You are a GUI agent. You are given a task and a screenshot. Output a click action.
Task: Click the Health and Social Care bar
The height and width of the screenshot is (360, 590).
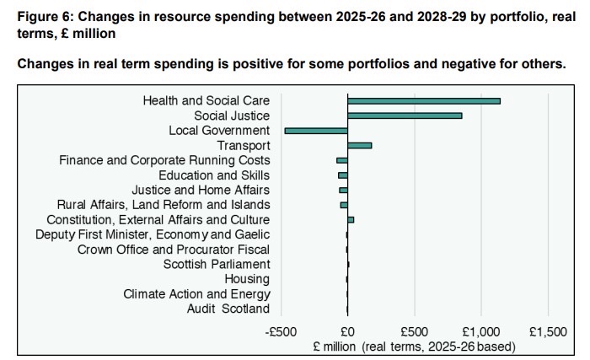pyautogui.click(x=423, y=101)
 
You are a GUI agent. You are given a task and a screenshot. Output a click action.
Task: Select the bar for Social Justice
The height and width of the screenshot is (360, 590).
pyautogui.click(x=405, y=116)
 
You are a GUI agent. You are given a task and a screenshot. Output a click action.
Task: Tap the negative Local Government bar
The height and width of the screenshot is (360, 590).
pyautogui.click(x=316, y=131)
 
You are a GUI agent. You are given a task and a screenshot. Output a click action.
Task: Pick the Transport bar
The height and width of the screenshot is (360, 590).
pyautogui.click(x=359, y=146)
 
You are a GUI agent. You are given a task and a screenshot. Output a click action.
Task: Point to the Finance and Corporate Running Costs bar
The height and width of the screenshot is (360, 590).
pyautogui.click(x=341, y=160)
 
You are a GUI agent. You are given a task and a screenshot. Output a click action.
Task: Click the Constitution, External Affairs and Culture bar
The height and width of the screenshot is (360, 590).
pyautogui.click(x=351, y=219)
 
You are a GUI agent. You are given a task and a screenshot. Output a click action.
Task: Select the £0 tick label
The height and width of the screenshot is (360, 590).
pyautogui.click(x=347, y=331)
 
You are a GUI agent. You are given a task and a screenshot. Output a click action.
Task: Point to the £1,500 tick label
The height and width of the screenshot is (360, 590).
pyautogui.click(x=548, y=331)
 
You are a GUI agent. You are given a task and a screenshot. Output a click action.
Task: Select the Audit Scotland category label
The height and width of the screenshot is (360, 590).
pyautogui.click(x=228, y=309)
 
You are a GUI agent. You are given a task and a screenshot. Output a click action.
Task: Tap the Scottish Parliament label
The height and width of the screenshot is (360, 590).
pyautogui.click(x=217, y=264)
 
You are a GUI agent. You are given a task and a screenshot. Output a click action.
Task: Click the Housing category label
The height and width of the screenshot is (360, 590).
pyautogui.click(x=247, y=279)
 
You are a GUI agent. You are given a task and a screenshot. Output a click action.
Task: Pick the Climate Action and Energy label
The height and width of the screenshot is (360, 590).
pyautogui.click(x=196, y=294)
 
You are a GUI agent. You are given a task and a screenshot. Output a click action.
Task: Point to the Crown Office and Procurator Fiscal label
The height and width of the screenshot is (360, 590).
pyautogui.click(x=174, y=250)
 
